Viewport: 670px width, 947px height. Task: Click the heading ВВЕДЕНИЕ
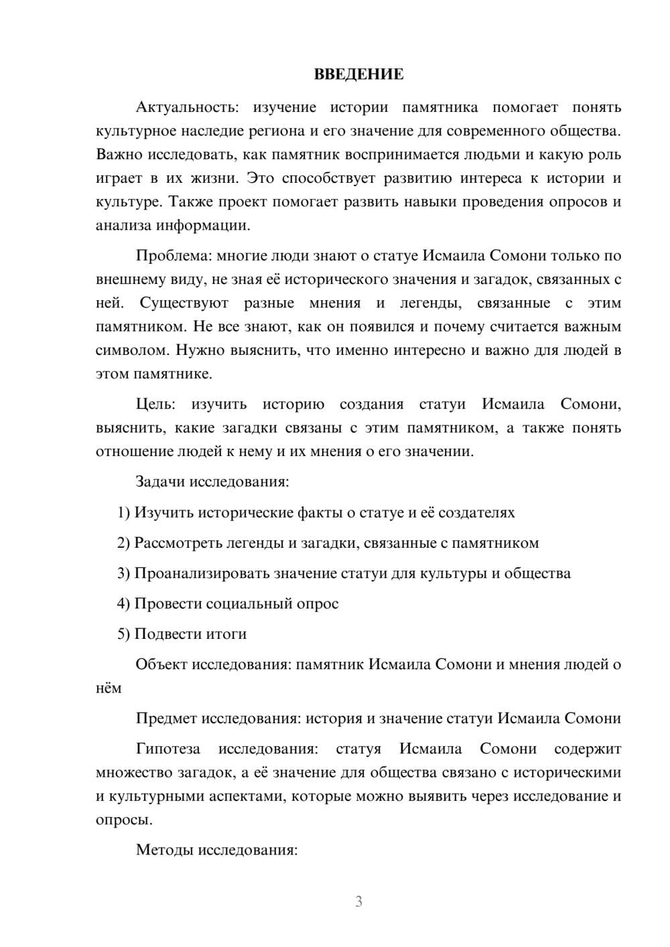[x=359, y=74]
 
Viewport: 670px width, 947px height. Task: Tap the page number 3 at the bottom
[x=359, y=901]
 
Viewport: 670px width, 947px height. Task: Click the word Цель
[x=155, y=404]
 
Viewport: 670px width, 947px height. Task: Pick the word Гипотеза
[x=167, y=749]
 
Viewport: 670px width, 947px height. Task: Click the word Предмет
[x=166, y=718]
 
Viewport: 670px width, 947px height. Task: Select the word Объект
[x=161, y=664]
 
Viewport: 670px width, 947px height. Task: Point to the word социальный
[x=249, y=603]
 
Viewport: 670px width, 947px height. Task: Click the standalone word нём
[x=109, y=688]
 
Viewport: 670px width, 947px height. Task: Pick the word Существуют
[x=184, y=303]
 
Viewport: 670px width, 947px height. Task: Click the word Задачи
[x=161, y=482]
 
